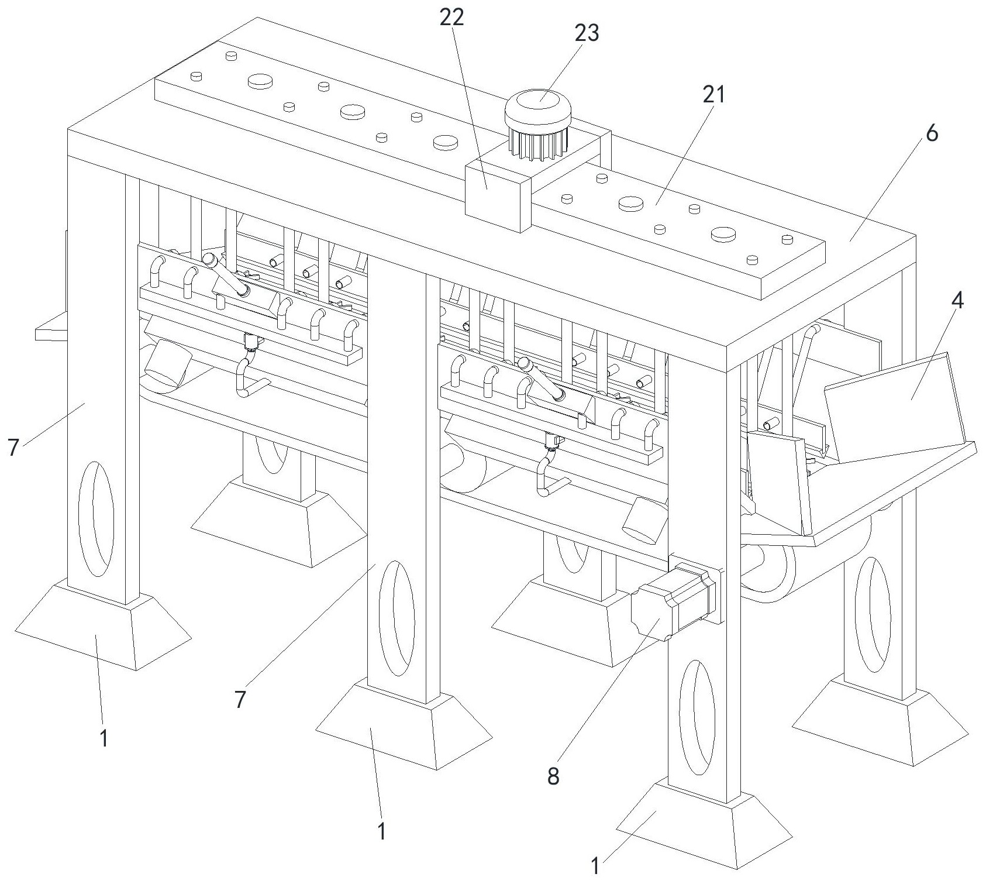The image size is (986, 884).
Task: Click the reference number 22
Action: tap(451, 18)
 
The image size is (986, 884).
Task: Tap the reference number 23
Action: tap(587, 33)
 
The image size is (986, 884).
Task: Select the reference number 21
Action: tap(713, 94)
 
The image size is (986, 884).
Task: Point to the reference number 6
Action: tap(931, 133)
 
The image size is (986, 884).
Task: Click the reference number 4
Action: tap(957, 301)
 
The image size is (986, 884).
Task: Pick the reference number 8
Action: tap(553, 776)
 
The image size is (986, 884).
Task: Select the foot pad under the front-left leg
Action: tap(102, 626)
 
